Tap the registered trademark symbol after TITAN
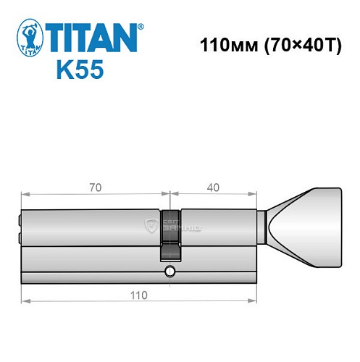(x=141, y=25)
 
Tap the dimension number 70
(x=95, y=187)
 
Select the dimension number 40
(x=213, y=187)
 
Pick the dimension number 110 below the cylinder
(x=138, y=295)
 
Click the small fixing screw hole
(x=169, y=271)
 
